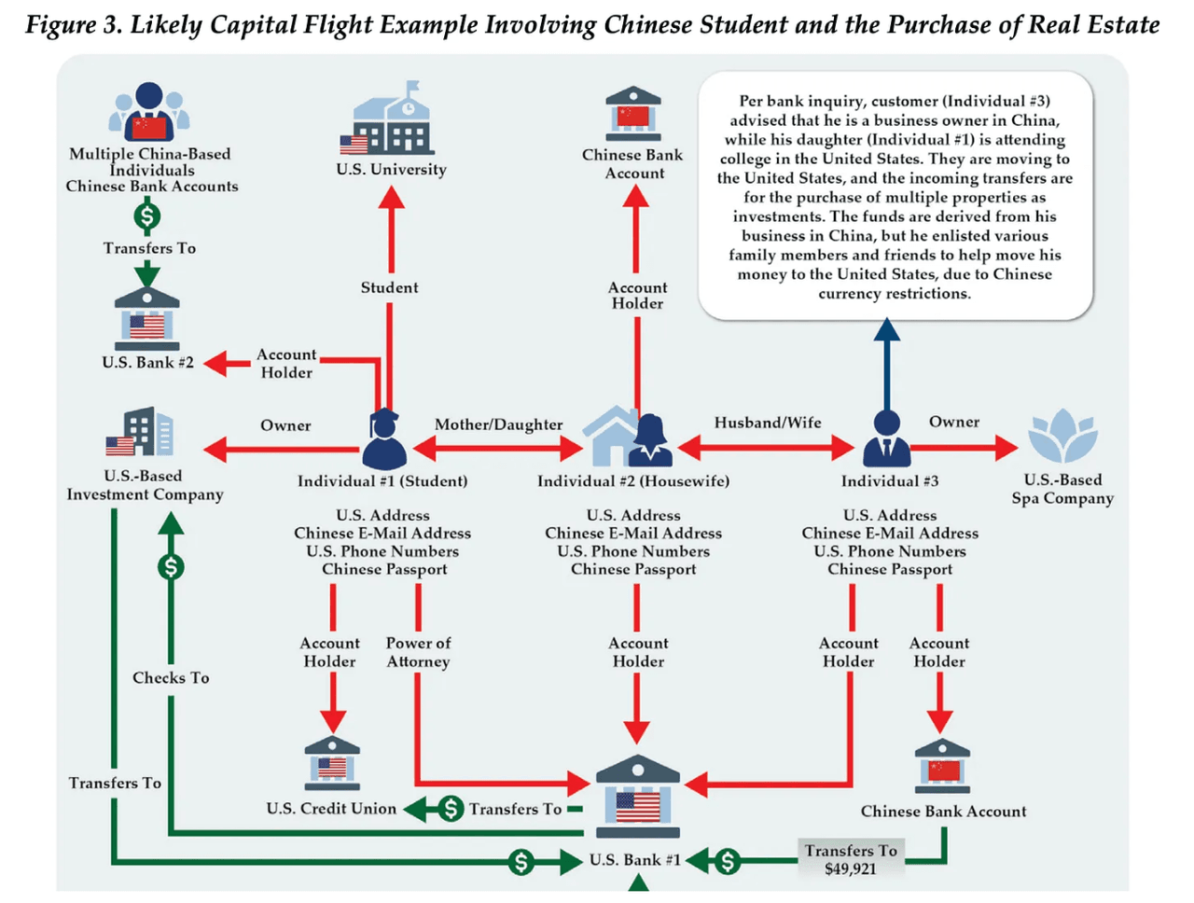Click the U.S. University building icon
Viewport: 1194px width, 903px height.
(x=390, y=122)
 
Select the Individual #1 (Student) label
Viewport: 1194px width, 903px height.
(x=382, y=481)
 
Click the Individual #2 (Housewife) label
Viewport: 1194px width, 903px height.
(x=633, y=481)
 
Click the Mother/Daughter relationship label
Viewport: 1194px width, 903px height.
(x=499, y=424)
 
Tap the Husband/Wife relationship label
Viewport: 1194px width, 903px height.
(x=768, y=423)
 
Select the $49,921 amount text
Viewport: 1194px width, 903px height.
(x=851, y=869)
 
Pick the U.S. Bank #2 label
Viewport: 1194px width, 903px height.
(x=148, y=363)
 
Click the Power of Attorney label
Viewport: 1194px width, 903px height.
(x=418, y=652)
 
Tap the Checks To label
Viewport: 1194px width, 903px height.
(x=171, y=678)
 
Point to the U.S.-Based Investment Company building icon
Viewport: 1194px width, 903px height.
(x=140, y=433)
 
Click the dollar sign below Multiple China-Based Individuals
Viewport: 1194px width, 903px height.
(x=146, y=216)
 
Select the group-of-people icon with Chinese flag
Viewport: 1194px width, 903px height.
(x=149, y=111)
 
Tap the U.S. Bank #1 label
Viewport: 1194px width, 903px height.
(x=634, y=860)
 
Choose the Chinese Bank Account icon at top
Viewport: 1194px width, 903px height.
(x=633, y=114)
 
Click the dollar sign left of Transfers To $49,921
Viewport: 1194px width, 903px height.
(x=728, y=861)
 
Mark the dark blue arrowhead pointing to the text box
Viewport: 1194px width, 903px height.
(x=887, y=329)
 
